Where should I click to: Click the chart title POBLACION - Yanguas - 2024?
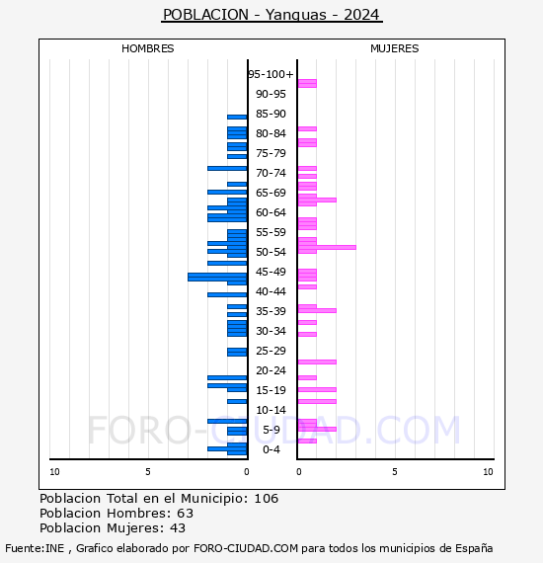tap(271, 15)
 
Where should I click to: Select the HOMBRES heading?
tap(147, 48)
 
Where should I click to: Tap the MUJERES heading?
tap(395, 48)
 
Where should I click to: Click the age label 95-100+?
tap(271, 74)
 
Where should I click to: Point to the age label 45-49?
tap(271, 272)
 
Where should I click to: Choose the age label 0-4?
tap(271, 449)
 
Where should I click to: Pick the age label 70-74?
tap(271, 173)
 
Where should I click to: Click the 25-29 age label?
tap(271, 351)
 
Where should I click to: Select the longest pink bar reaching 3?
tap(327, 247)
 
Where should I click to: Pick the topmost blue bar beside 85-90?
tap(237, 118)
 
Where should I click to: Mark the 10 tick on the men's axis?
tap(54, 472)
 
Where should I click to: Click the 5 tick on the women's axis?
tap(395, 472)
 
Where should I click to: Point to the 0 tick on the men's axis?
tap(247, 472)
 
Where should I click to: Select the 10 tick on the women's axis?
tap(488, 472)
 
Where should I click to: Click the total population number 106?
tap(267, 499)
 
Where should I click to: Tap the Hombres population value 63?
tap(186, 514)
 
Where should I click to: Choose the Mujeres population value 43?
tap(178, 528)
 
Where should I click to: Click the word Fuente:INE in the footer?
tap(35, 548)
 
